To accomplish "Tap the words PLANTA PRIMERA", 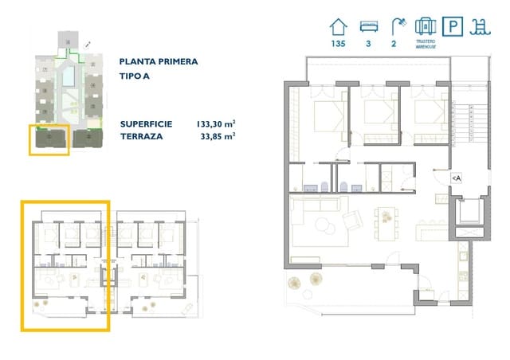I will [x=158, y=61].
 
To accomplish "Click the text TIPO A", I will [x=137, y=76].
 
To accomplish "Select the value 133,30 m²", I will [x=215, y=124].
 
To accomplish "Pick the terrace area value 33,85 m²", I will [x=218, y=137].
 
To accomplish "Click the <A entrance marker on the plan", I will [x=457, y=178].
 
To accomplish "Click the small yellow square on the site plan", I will [x=49, y=139].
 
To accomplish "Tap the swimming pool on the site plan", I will [x=69, y=76].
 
